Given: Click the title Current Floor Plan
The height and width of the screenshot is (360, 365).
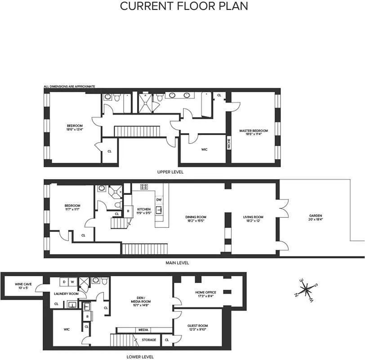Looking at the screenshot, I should click(184, 6).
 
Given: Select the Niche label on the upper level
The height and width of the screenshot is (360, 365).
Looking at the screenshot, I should click(229, 144).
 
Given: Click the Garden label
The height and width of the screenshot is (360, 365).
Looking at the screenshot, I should click(315, 217).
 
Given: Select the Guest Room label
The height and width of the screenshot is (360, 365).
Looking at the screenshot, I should click(197, 327).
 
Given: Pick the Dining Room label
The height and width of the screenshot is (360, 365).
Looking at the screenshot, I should click(196, 219).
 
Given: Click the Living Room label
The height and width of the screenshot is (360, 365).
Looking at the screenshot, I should click(253, 219).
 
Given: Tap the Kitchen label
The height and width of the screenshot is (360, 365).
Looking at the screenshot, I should click(144, 211).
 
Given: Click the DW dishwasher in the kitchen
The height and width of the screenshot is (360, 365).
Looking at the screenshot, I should click(159, 199).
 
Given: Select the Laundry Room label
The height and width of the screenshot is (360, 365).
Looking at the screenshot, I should click(67, 293).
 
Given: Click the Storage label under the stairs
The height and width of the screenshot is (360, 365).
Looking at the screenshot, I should click(149, 340).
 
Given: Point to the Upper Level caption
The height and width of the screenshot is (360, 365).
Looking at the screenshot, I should click(170, 172).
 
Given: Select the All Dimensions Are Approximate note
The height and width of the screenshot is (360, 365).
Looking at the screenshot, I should click(69, 86).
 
